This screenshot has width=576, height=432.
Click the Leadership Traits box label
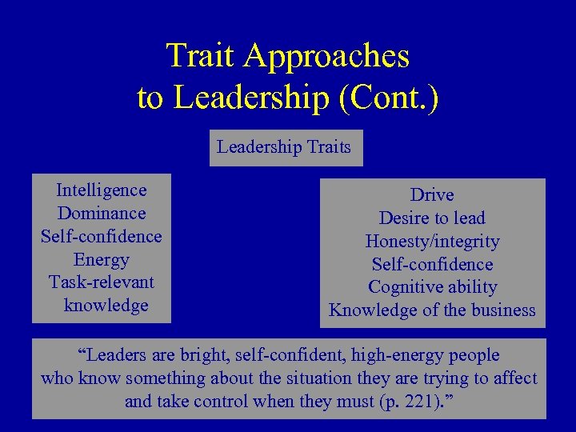pyautogui.click(x=284, y=147)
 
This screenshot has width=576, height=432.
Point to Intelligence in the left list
pyautogui.click(x=102, y=190)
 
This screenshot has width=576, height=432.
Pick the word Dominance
pyautogui.click(x=102, y=214)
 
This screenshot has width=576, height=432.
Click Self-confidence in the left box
pyautogui.click(x=102, y=237)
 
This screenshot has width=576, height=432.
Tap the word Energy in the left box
pyautogui.click(x=102, y=260)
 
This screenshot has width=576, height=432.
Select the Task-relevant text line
pyautogui.click(x=102, y=282)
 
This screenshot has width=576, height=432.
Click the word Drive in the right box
pyautogui.click(x=432, y=195)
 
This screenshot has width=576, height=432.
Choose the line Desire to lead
pyautogui.click(x=432, y=218)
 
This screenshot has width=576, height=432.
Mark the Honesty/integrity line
pyautogui.click(x=432, y=242)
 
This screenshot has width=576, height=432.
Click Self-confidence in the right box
pyautogui.click(x=432, y=265)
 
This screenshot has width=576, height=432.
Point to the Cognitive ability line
pyautogui.click(x=432, y=287)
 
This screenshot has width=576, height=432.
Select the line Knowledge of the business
pyautogui.click(x=432, y=310)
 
